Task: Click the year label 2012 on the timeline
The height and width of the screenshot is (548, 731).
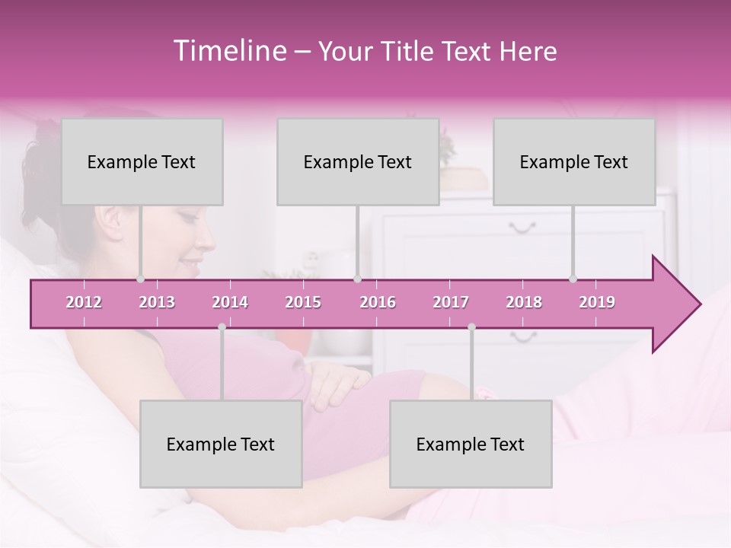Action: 84,302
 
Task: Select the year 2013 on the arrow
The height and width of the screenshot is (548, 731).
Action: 157,302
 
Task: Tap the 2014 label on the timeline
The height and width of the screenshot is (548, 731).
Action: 230,302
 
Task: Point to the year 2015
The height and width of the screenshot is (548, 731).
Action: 303,302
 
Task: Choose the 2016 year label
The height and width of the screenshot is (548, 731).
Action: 378,302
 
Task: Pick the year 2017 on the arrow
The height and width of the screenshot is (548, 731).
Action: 451,302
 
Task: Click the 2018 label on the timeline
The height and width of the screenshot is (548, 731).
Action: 524,302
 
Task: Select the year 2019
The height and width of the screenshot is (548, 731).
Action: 597,302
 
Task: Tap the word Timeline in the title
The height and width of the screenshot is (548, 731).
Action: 228,51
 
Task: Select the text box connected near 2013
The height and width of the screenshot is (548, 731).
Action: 142,161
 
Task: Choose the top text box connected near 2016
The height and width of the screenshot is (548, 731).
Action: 358,161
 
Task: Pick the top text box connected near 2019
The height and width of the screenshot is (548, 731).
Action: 574,161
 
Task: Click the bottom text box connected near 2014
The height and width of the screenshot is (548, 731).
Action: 221,444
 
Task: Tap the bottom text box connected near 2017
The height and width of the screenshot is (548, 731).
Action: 471,444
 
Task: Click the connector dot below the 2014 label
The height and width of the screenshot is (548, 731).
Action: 222,327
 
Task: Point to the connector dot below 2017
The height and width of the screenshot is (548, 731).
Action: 471,327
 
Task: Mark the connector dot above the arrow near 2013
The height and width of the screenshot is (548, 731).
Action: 140,279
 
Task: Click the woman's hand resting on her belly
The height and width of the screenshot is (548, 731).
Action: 335,384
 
